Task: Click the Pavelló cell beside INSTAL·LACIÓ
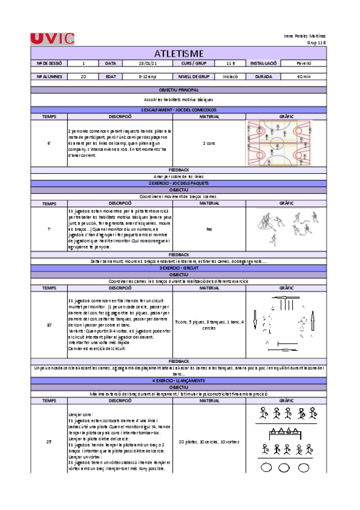[304, 63]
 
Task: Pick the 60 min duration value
[304, 77]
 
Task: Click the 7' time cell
[49, 229]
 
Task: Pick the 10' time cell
[49, 325]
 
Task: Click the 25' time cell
[49, 442]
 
